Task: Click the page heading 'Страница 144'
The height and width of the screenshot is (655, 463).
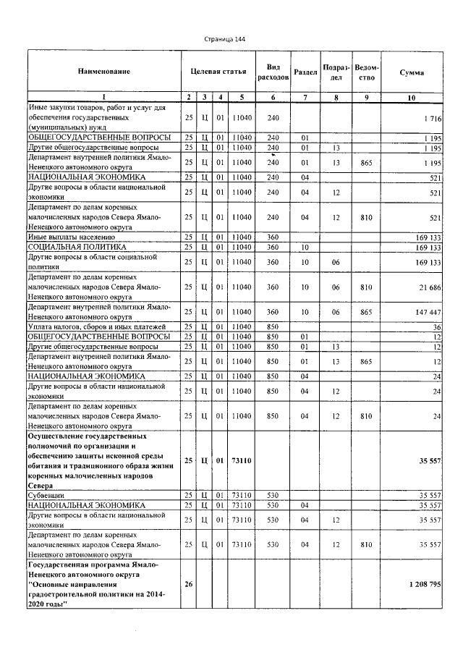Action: pyautogui.click(x=226, y=38)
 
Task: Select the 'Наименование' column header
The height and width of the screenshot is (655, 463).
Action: pyautogui.click(x=104, y=71)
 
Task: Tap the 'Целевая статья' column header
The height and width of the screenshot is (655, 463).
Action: pyautogui.click(x=218, y=72)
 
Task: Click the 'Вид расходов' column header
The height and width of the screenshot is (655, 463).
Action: pyautogui.click(x=273, y=71)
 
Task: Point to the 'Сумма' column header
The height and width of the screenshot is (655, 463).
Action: pyautogui.click(x=412, y=73)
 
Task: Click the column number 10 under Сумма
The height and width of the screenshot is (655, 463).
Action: pyautogui.click(x=412, y=96)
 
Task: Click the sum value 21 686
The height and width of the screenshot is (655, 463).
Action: pyautogui.click(x=429, y=288)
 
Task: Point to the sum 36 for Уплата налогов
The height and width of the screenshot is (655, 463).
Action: pyautogui.click(x=437, y=327)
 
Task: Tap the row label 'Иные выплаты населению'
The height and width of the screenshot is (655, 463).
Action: pyautogui.click(x=72, y=237)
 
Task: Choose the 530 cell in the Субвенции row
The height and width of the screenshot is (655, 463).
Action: pyautogui.click(x=273, y=495)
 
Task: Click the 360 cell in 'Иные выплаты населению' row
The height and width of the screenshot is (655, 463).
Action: pyautogui.click(x=273, y=237)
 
